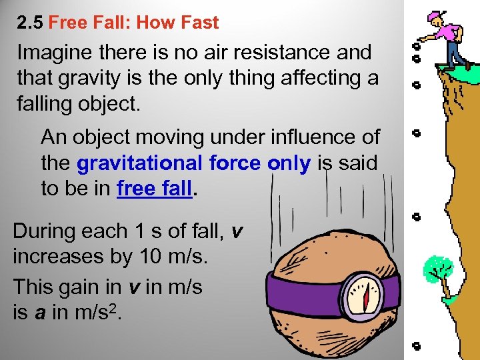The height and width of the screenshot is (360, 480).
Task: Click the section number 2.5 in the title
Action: tap(30, 23)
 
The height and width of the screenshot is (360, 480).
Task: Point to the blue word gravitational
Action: tap(139, 163)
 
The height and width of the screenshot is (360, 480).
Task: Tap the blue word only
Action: tap(289, 163)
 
